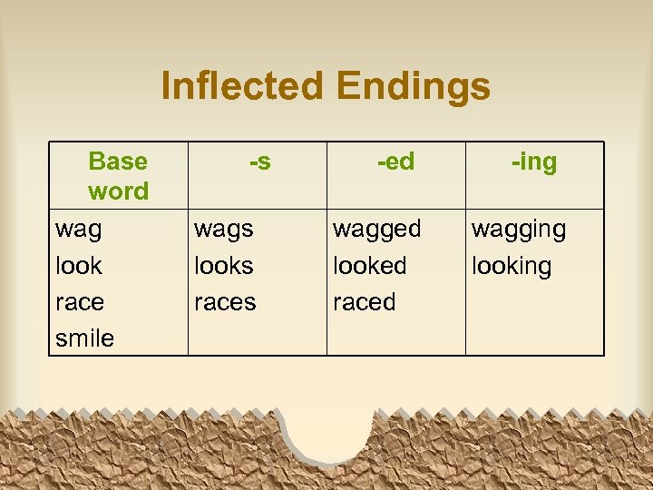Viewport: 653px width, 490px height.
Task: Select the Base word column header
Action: tap(118, 176)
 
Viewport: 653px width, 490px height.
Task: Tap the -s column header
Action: tap(259, 162)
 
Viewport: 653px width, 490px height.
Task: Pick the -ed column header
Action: tap(395, 162)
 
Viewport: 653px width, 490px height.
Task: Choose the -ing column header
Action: tap(534, 162)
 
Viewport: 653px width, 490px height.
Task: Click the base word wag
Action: tap(79, 230)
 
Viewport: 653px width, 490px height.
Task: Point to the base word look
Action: tap(79, 266)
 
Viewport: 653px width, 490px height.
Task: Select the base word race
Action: tap(80, 302)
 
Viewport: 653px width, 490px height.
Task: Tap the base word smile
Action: tap(84, 338)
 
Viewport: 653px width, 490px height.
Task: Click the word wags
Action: tap(224, 230)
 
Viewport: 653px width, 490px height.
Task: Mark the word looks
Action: tap(224, 266)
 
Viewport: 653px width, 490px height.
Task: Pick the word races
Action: tap(226, 302)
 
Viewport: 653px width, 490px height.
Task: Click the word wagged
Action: tap(377, 230)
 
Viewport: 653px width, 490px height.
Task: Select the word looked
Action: tap(370, 266)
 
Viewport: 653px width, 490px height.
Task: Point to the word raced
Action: tap(365, 302)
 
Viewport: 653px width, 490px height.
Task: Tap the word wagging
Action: tap(518, 230)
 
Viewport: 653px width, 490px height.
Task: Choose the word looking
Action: tap(512, 267)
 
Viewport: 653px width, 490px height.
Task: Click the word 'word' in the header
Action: tap(118, 191)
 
